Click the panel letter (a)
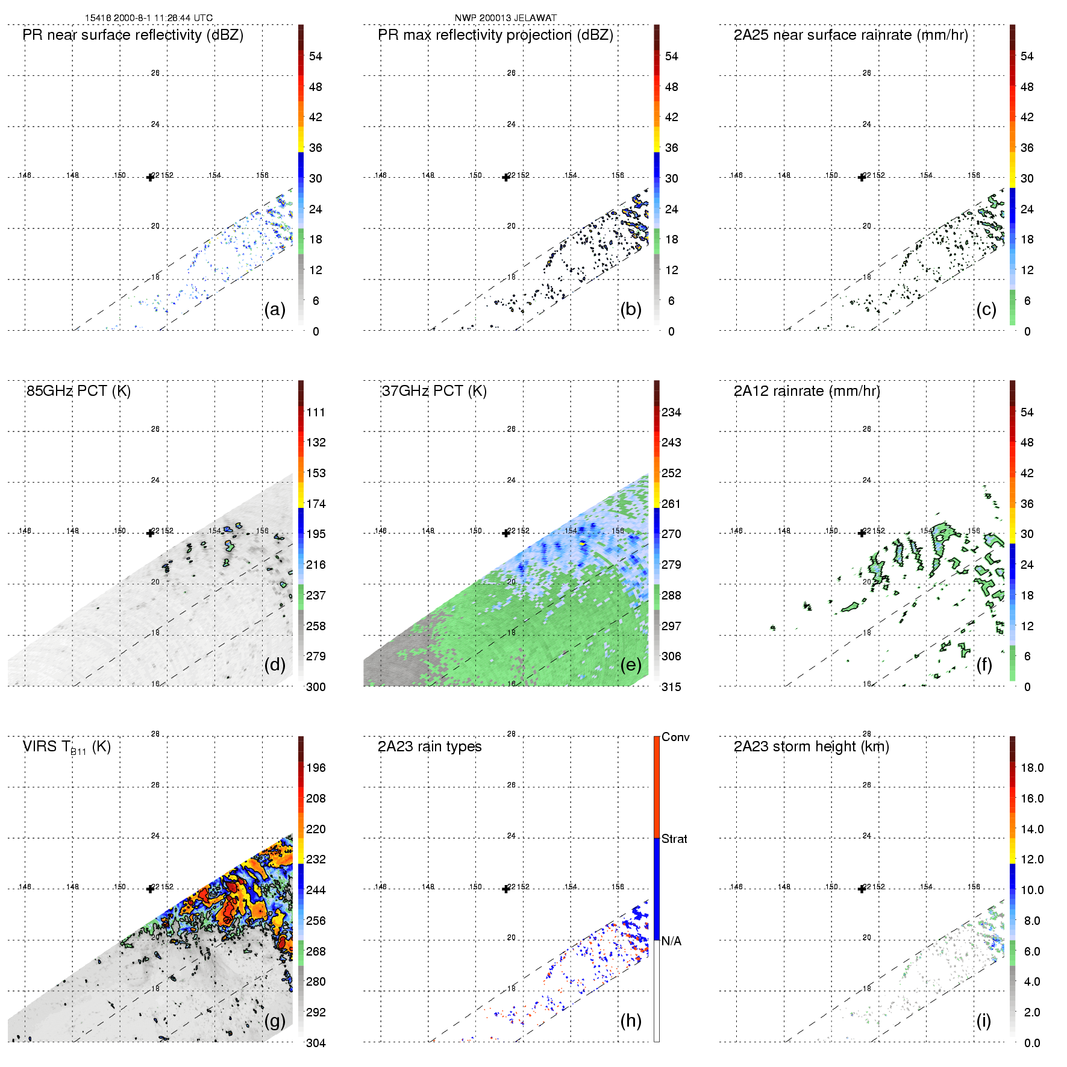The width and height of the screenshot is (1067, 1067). coord(275,310)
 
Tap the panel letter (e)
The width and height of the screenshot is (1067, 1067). coord(631,665)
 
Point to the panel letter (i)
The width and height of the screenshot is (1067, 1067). coord(983,1021)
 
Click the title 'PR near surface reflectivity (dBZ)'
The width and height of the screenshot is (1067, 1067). coord(133,35)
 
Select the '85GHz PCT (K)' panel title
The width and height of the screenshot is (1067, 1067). coord(78,391)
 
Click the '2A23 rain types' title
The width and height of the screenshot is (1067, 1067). coord(430,746)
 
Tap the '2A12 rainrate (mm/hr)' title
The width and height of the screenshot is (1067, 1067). coord(807,391)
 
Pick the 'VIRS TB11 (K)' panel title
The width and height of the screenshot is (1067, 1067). coord(67,747)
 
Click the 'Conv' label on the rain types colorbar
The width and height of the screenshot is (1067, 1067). coord(675,737)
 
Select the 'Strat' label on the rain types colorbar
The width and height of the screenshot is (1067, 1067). coord(674,839)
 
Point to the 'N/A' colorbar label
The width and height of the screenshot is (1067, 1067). coord(672,941)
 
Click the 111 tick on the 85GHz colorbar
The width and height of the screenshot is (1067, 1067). coord(316,412)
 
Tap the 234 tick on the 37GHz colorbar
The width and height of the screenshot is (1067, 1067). coord(671,412)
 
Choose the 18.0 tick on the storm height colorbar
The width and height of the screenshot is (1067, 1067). coord(1032,768)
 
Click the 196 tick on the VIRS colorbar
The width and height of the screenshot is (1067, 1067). coord(316,768)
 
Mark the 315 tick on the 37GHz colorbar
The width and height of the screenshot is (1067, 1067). coord(671,687)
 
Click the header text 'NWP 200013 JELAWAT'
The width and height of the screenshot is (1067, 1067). coord(505,18)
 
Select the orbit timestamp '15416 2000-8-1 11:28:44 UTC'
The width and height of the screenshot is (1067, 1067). coord(149,18)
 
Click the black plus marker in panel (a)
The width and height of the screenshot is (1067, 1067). coord(150,177)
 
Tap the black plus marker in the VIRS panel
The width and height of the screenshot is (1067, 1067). coord(150,889)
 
